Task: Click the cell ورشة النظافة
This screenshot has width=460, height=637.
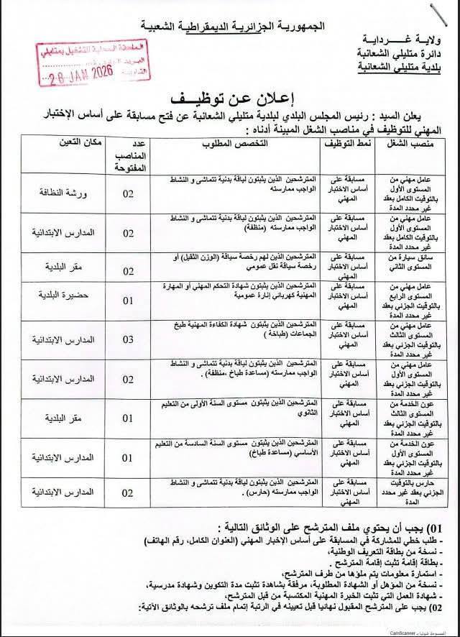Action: (68, 194)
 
